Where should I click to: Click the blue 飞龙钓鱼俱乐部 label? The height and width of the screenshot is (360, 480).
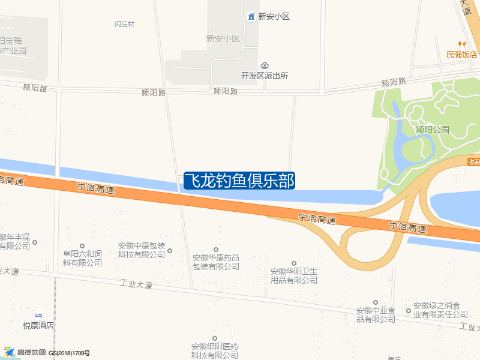point(239,181)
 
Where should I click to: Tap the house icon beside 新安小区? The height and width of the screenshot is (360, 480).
point(251,16)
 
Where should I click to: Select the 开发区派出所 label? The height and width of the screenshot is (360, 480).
point(265,76)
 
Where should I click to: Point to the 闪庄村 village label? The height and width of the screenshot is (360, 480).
point(124,25)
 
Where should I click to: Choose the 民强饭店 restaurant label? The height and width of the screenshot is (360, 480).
point(461,55)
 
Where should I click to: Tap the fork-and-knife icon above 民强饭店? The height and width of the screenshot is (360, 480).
point(461,44)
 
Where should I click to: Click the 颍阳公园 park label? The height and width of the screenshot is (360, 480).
point(432,130)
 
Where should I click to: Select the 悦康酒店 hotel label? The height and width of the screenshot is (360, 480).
point(38,325)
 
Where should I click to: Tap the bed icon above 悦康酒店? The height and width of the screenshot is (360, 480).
point(38,316)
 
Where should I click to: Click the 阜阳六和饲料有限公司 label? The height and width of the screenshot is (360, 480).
point(82,259)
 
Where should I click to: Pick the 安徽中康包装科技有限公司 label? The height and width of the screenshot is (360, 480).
point(141,250)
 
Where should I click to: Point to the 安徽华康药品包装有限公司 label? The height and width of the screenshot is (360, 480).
point(216,262)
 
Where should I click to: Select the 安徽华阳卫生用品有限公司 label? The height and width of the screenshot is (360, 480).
point(294,275)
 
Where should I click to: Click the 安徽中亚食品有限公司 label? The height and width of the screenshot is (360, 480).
point(376,314)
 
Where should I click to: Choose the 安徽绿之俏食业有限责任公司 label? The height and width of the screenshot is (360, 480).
point(440,310)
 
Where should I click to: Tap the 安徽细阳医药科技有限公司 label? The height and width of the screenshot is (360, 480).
point(215,350)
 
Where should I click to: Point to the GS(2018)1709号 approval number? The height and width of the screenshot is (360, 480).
point(69,353)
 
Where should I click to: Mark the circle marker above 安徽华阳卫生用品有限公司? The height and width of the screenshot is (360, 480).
point(294,263)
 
